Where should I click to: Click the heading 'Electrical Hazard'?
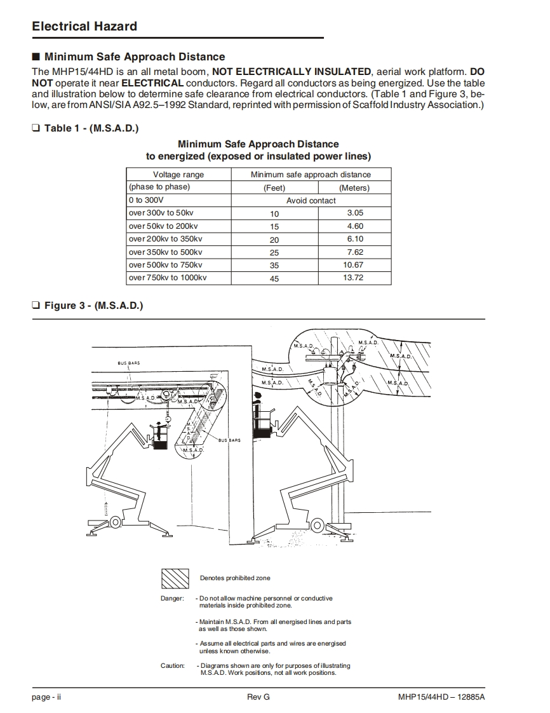pyautogui.click(x=84, y=26)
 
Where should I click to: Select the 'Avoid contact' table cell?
pyautogui.click(x=311, y=200)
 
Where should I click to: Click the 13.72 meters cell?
pyautogui.click(x=353, y=278)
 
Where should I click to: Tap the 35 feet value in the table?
pyautogui.click(x=274, y=266)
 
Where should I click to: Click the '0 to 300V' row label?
pyautogui.click(x=146, y=200)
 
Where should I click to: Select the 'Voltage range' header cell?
pyautogui.click(x=178, y=174)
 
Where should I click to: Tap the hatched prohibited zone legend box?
pyautogui.click(x=175, y=578)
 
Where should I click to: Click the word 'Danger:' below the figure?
pyautogui.click(x=172, y=599)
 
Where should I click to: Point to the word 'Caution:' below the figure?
pyautogui.click(x=172, y=666)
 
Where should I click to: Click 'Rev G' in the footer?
pyautogui.click(x=258, y=697)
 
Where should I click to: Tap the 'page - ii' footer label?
pyautogui.click(x=46, y=697)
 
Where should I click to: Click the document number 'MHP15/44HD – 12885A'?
pyautogui.click(x=437, y=697)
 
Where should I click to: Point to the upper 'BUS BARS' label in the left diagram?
pyautogui.click(x=129, y=363)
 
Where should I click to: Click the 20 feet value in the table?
pyautogui.click(x=274, y=240)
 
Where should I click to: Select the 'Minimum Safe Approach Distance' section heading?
pyautogui.click(x=135, y=57)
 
